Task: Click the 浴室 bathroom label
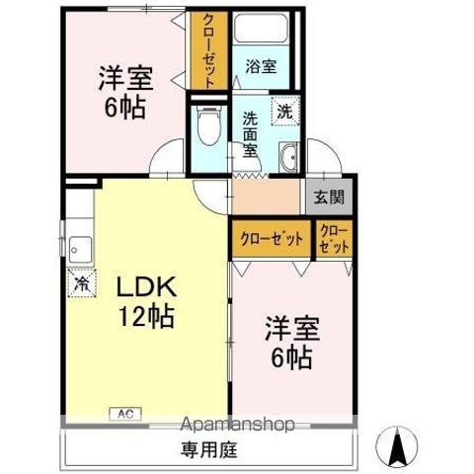(x=262, y=66)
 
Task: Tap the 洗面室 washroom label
(x=251, y=133)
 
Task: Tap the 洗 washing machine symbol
(x=283, y=112)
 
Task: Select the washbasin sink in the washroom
(x=289, y=159)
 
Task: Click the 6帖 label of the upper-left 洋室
(x=125, y=107)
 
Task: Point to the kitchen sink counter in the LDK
(x=80, y=247)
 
